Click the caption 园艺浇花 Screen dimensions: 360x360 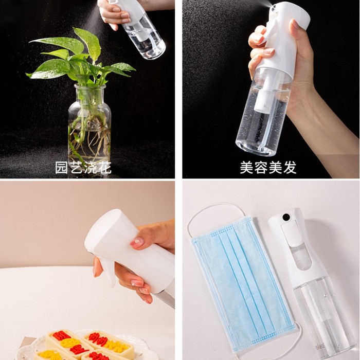(82, 168)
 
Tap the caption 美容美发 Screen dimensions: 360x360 (268, 168)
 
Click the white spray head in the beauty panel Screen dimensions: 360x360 (285, 31)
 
